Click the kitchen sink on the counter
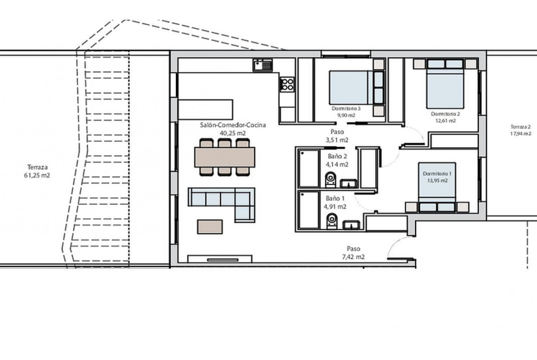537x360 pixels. (263, 65)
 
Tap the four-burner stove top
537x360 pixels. (287, 84)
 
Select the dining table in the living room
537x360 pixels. (224, 157)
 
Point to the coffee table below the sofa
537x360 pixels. (210, 227)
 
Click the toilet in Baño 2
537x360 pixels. (330, 180)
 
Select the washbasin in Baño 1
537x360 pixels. (351, 225)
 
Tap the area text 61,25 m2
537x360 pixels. (38, 176)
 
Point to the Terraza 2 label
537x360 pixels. (521, 127)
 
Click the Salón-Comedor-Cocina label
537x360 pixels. (233, 125)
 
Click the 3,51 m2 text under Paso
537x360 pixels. (337, 139)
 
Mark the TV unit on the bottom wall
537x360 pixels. (220, 259)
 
